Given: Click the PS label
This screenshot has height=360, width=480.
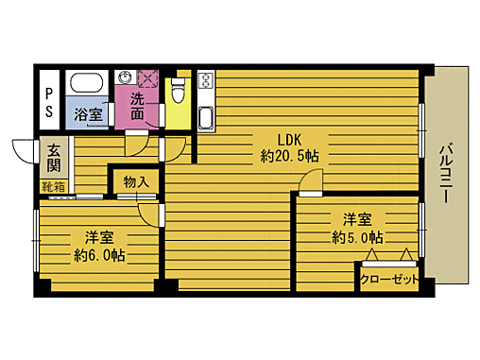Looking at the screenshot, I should coord(49,99).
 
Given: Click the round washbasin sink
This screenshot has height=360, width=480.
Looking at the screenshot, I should coord(126,77).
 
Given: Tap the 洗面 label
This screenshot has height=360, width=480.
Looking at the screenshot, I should coord(138,106).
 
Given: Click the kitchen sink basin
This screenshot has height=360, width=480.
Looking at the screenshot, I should coord(207,117).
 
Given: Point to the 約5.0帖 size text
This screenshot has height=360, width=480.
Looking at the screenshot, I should coord(357,236).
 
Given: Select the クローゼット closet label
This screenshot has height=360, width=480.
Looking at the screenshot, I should coord(388,278).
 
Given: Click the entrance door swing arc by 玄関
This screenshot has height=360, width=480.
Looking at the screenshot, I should coord(23,151).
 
